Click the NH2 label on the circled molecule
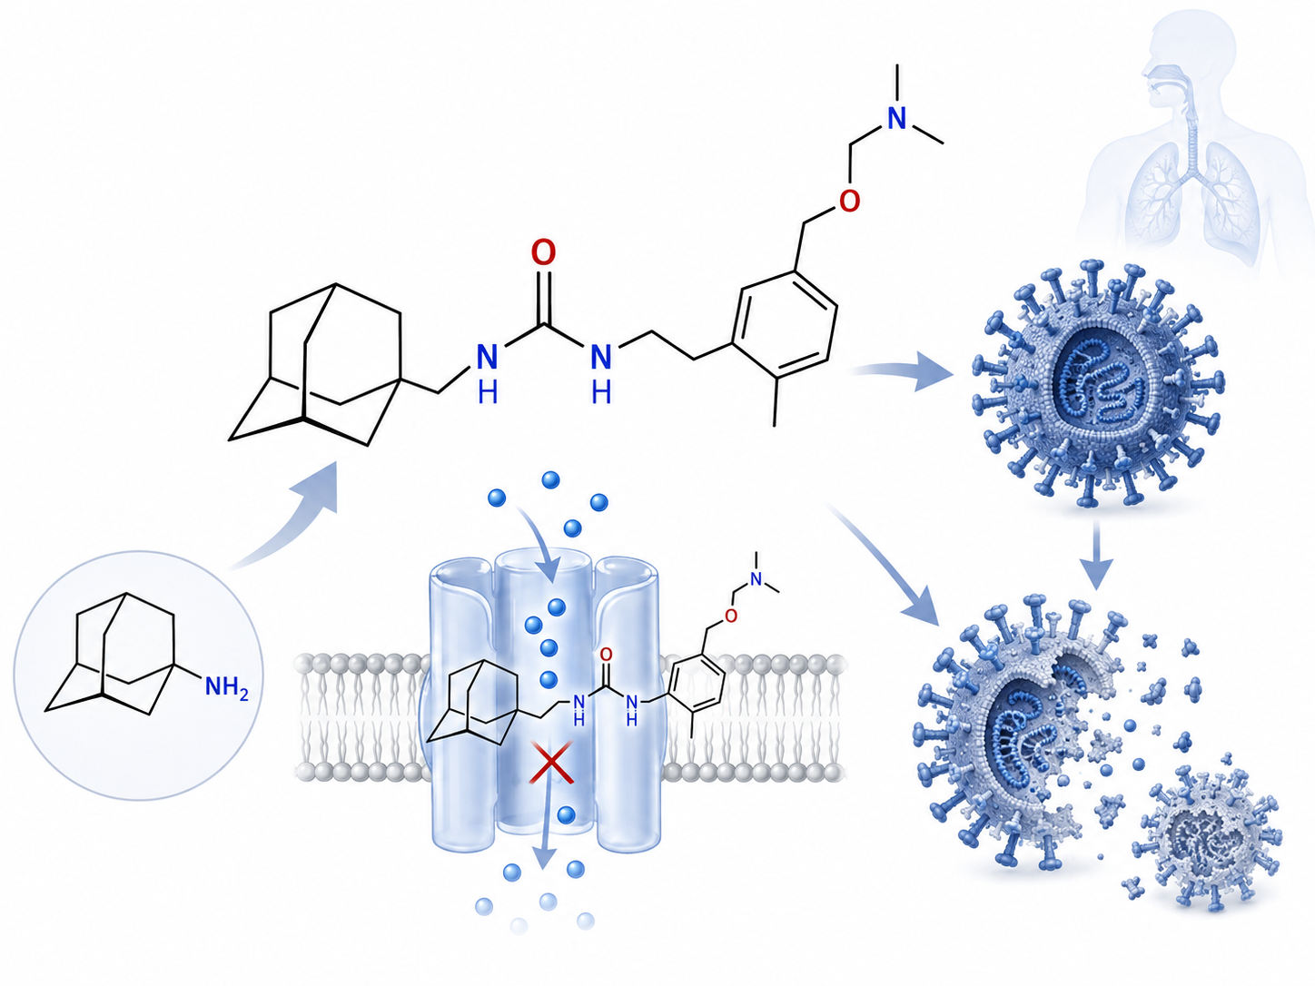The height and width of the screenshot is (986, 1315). pyautogui.click(x=226, y=687)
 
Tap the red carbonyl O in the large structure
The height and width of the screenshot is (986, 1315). pyautogui.click(x=543, y=252)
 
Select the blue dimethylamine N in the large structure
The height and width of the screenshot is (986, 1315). pyautogui.click(x=897, y=118)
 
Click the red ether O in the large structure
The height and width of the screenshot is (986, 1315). pyautogui.click(x=849, y=201)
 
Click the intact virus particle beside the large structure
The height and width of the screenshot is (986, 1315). pyautogui.click(x=1098, y=383)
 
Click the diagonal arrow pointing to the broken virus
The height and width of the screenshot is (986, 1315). pyautogui.click(x=884, y=564)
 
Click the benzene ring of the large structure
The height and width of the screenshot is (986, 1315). pyautogui.click(x=784, y=323)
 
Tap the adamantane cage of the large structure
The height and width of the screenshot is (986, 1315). pyautogui.click(x=315, y=365)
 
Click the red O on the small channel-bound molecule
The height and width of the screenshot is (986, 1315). pyautogui.click(x=607, y=655)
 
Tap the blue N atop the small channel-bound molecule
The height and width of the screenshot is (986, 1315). pyautogui.click(x=756, y=579)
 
